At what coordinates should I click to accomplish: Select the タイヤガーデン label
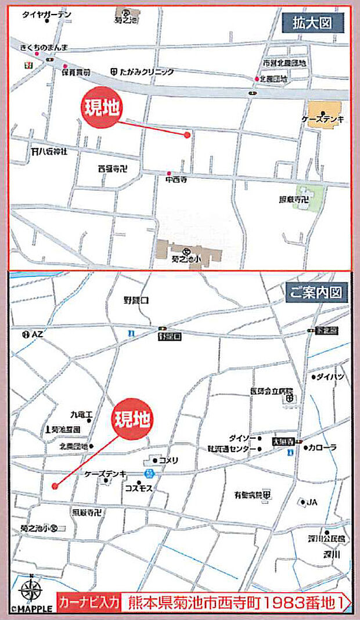tap(46, 15)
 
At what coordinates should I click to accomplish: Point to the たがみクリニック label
tap(147, 72)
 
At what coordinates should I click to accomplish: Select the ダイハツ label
tap(331, 377)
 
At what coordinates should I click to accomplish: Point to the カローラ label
tap(323, 448)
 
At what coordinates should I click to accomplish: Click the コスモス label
tap(138, 489)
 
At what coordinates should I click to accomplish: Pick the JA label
tap(312, 502)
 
